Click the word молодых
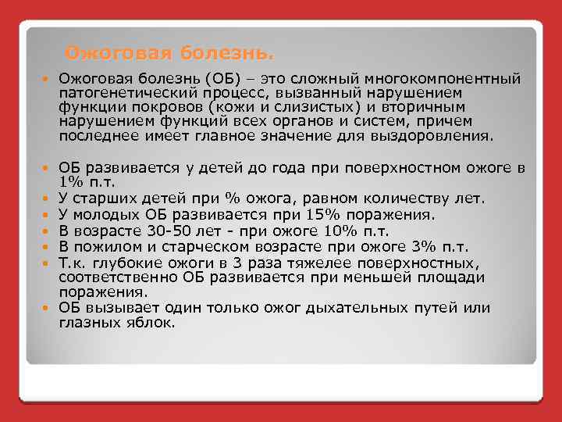(x=106, y=215)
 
